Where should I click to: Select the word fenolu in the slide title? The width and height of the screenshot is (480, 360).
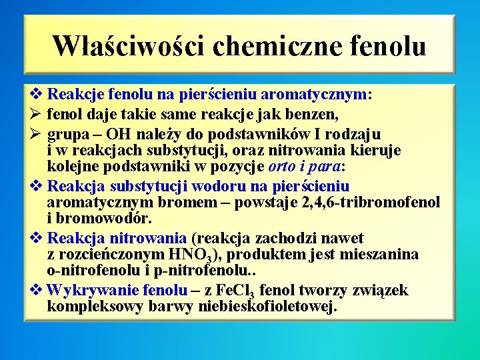[387, 45]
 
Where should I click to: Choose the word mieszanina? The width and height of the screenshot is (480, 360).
[379, 254]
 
